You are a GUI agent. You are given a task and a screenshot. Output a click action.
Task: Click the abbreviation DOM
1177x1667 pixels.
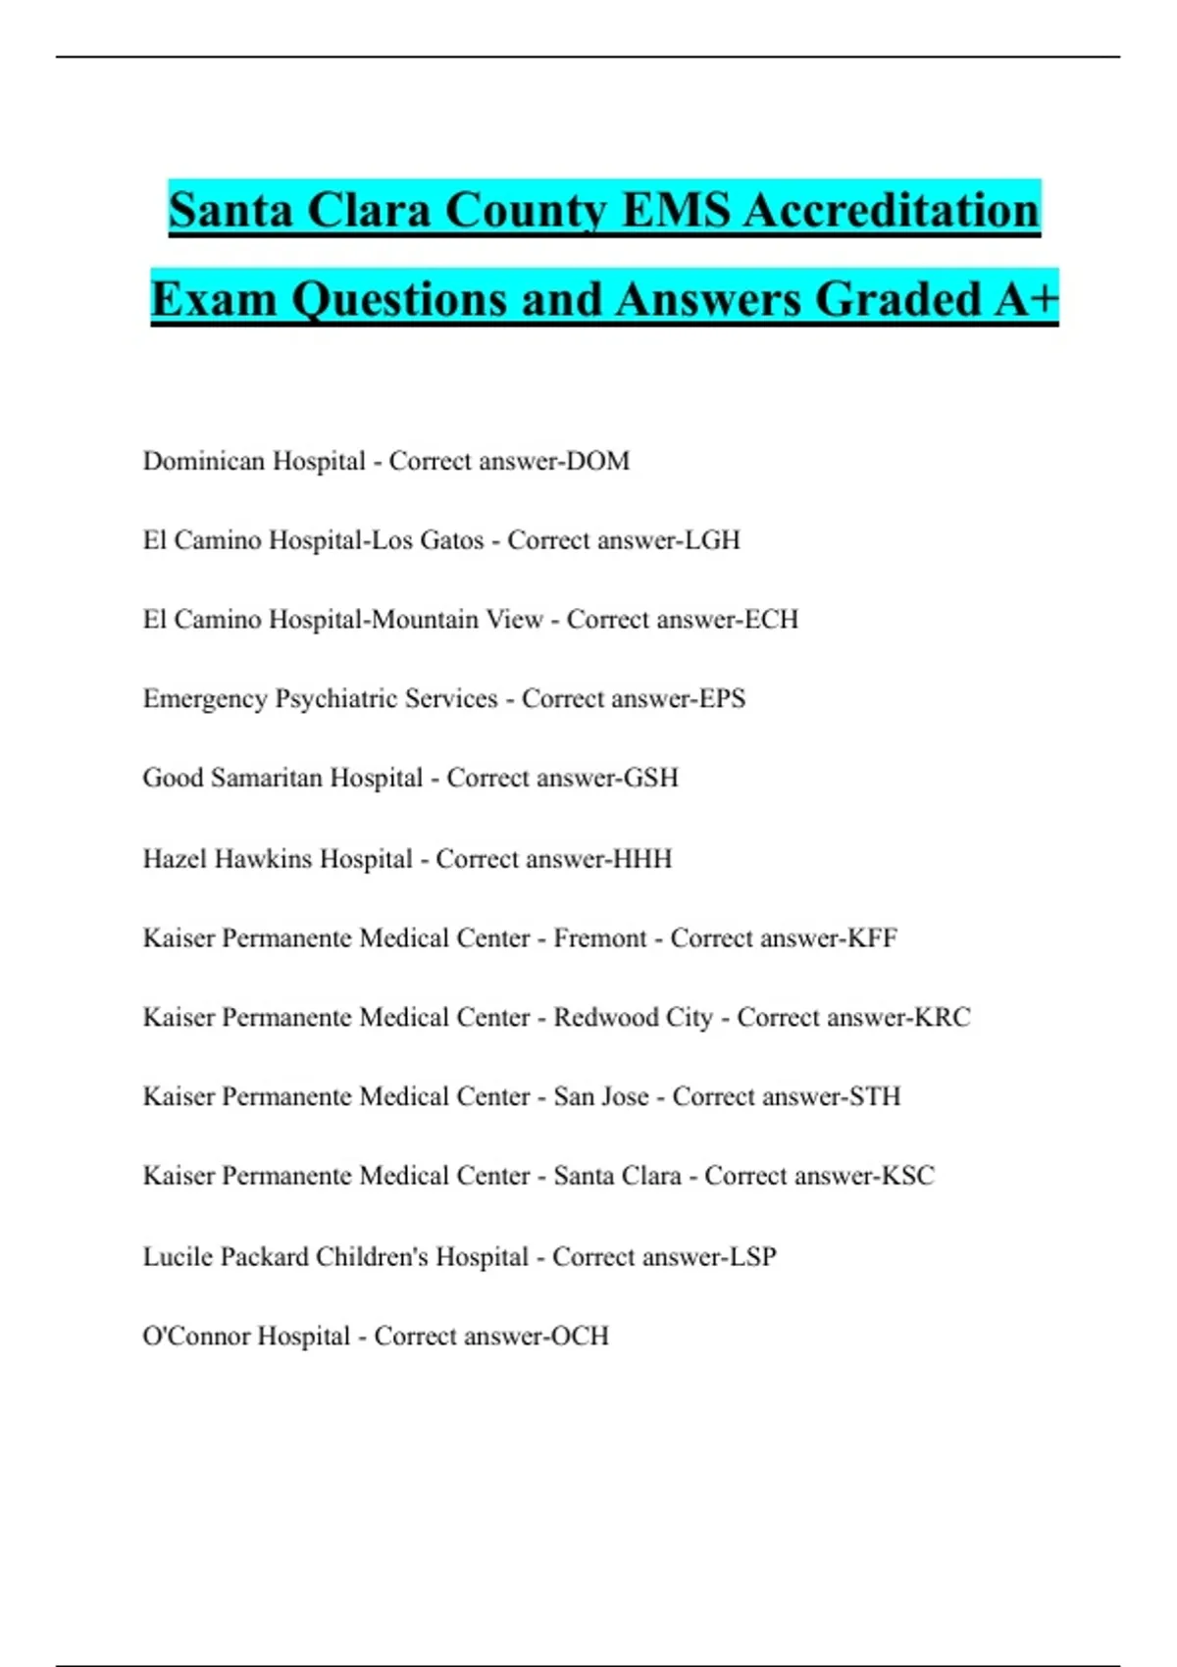click(598, 461)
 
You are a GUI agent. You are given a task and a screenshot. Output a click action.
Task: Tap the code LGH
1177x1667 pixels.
click(712, 540)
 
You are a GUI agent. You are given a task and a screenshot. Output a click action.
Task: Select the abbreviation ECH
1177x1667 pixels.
click(772, 620)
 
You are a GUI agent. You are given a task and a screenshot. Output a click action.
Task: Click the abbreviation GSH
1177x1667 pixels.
click(651, 779)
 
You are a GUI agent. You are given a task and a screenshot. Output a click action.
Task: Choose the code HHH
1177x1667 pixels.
click(642, 859)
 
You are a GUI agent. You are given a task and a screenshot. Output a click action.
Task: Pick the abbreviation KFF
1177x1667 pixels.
click(872, 938)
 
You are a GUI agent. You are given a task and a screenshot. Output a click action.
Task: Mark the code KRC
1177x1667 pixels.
click(943, 1018)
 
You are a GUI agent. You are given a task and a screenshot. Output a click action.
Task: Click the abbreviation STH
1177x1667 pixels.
click(875, 1097)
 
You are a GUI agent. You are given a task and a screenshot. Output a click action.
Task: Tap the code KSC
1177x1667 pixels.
click(908, 1176)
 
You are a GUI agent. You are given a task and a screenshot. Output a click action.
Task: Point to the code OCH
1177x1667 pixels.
click(580, 1337)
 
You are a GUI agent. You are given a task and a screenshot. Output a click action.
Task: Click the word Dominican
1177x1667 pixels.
click(204, 461)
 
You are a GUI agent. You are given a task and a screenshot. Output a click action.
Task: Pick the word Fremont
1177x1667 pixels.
click(600, 938)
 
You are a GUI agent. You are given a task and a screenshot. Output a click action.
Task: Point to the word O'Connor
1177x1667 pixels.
click(196, 1337)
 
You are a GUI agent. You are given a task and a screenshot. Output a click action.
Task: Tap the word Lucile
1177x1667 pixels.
click(178, 1257)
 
